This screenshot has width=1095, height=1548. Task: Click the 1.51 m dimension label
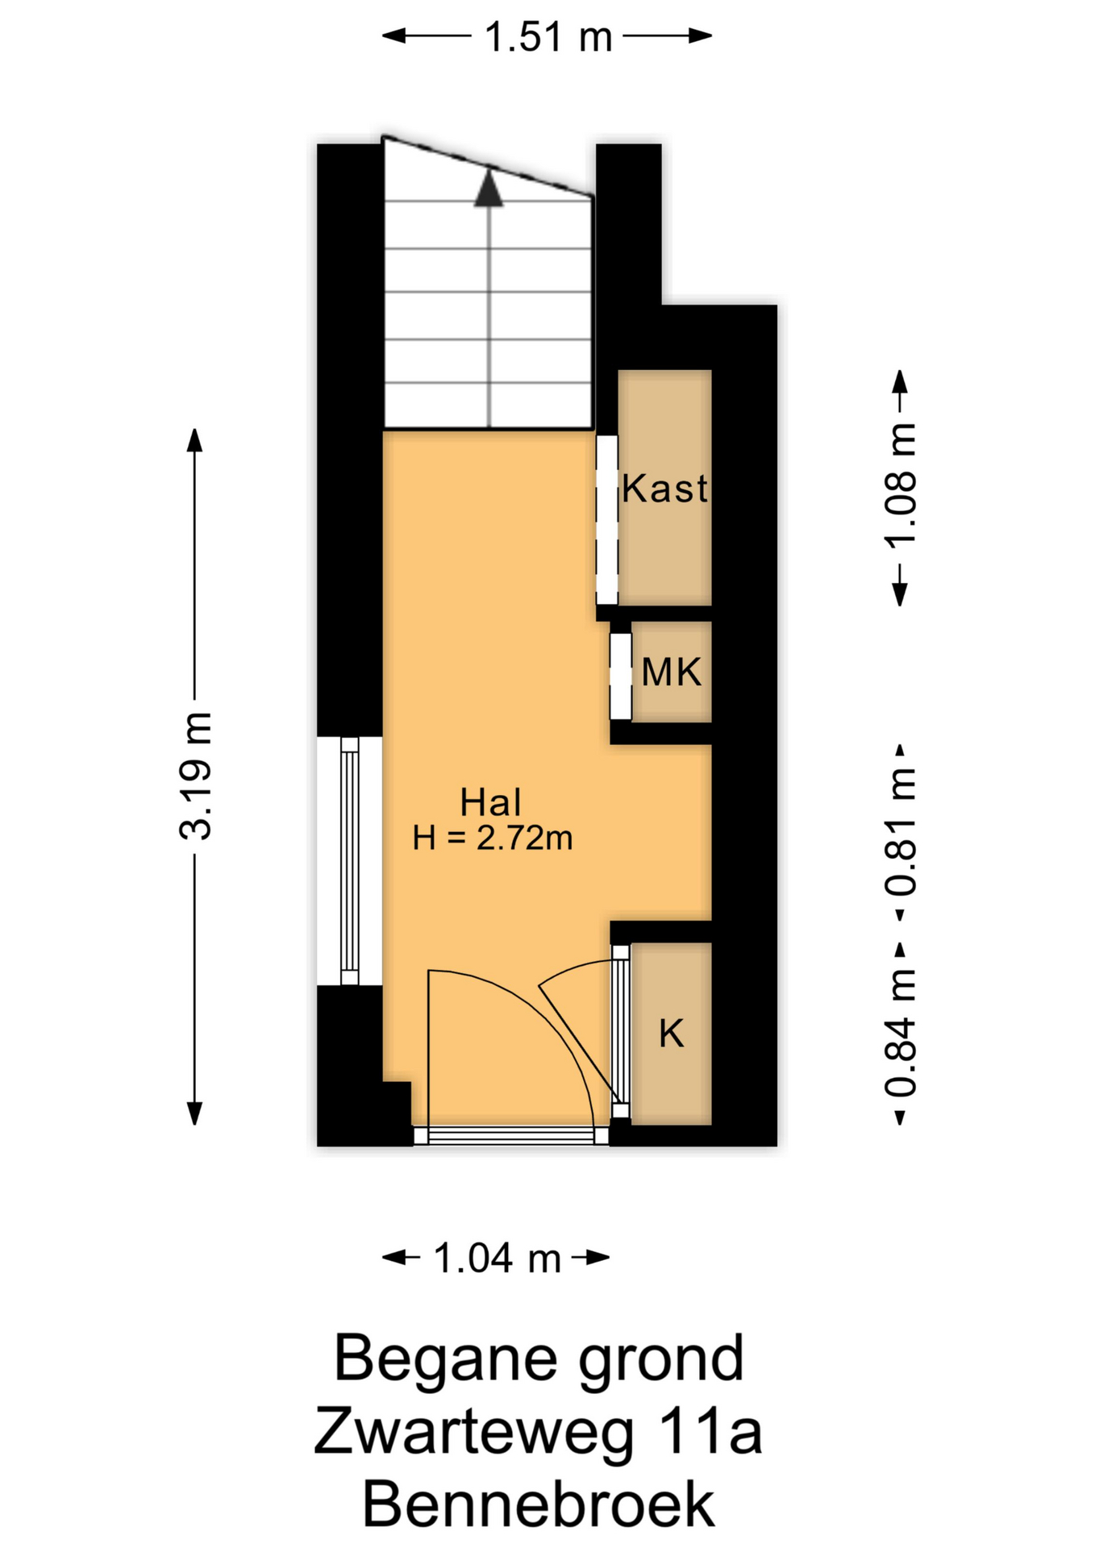click(x=548, y=37)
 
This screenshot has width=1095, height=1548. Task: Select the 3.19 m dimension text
click(x=196, y=776)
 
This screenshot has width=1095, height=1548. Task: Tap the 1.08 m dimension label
click(x=901, y=485)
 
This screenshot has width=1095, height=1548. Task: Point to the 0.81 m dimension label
click(x=901, y=832)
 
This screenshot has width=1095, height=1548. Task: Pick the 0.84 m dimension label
click(x=901, y=1032)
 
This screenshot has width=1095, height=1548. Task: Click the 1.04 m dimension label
click(x=497, y=1258)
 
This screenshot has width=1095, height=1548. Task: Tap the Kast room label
click(x=664, y=489)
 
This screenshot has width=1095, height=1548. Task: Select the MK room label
click(x=671, y=672)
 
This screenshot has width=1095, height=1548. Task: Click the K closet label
click(x=671, y=1033)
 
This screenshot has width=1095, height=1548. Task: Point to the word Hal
click(x=490, y=802)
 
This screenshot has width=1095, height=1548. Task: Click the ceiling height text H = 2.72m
click(x=493, y=838)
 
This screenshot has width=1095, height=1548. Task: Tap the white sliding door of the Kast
click(x=606, y=519)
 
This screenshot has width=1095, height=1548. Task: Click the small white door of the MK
click(x=620, y=676)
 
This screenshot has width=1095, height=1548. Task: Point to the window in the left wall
click(x=349, y=861)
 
